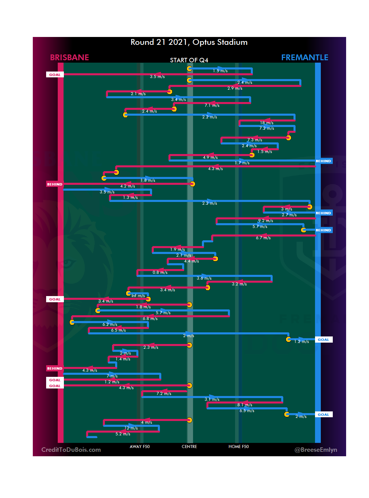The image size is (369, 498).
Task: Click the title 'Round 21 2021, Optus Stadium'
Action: (189, 42)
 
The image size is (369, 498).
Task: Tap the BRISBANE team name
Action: (69, 58)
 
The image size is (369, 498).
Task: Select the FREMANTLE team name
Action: (304, 58)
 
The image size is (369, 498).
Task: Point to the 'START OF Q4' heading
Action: (189, 60)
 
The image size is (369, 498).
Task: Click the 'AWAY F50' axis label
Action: (139, 447)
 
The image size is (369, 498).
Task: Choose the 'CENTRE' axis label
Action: (189, 447)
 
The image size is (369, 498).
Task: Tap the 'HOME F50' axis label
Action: (238, 447)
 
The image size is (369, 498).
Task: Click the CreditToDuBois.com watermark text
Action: (71, 450)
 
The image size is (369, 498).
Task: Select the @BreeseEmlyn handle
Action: (316, 450)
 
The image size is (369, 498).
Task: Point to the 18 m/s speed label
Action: (266, 123)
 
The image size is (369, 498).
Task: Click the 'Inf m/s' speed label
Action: (138, 296)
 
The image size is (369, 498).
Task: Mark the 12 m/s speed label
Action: (131, 428)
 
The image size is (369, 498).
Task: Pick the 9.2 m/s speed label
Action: (265, 221)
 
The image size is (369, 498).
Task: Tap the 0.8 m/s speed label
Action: (160, 272)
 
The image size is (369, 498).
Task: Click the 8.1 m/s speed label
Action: (245, 405)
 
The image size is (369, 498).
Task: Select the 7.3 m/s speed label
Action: (255, 140)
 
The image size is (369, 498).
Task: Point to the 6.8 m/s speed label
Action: (150, 319)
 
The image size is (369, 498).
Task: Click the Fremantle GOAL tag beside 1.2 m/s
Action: (323, 340)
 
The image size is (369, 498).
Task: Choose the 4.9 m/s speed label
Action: (210, 157)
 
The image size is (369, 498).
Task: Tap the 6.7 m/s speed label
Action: (263, 238)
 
